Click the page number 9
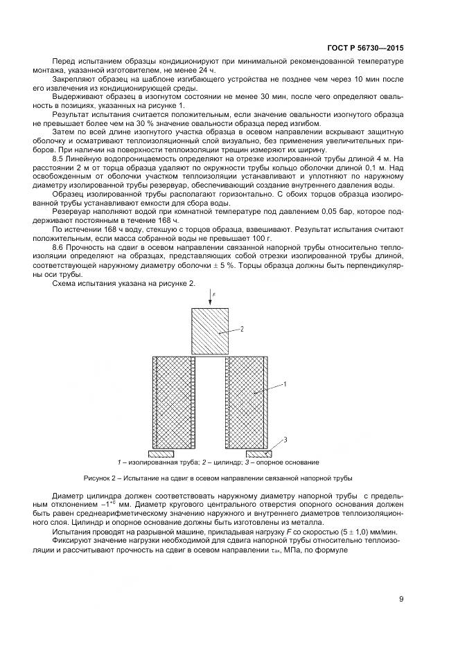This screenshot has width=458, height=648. click(x=401, y=600)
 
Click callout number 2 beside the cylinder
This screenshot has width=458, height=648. click(x=243, y=330)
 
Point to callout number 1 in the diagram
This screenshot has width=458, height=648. click(x=285, y=382)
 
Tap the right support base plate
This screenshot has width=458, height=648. click(x=254, y=454)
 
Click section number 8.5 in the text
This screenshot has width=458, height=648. click(x=60, y=159)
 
